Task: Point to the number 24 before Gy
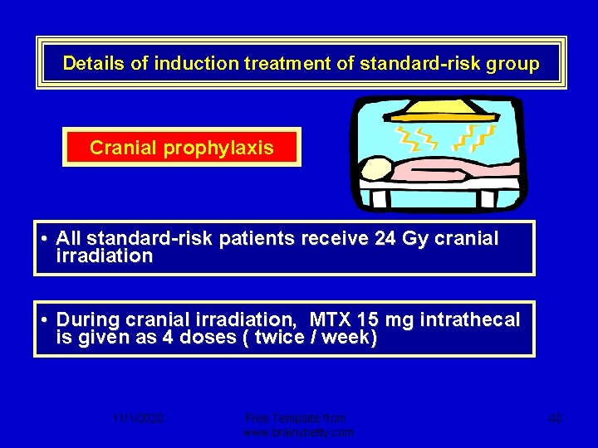pos(385,239)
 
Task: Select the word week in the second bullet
pos(350,338)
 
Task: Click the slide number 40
pos(555,419)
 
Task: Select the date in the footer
pos(138,419)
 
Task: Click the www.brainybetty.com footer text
pos(298,432)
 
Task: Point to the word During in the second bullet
pos(87,319)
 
